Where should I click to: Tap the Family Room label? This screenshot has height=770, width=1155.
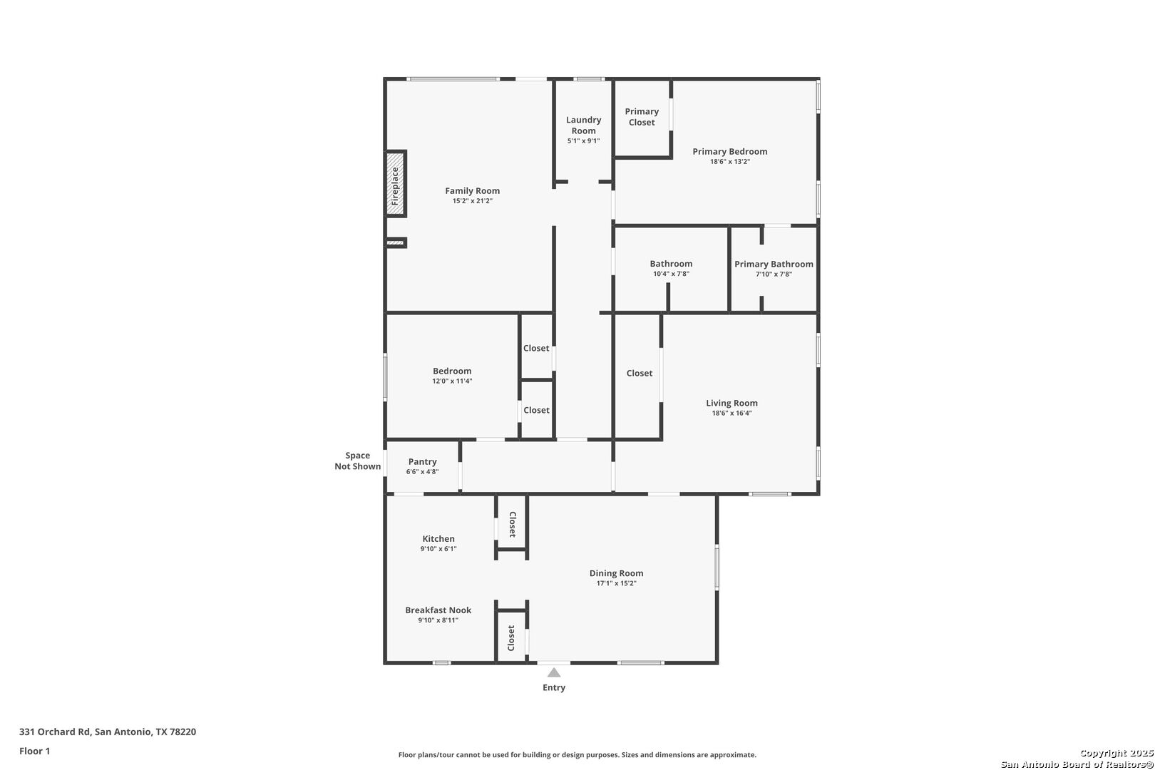point(472,190)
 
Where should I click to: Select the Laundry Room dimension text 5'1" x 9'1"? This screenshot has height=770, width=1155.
point(583,141)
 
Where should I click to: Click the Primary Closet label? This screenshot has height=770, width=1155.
point(642,117)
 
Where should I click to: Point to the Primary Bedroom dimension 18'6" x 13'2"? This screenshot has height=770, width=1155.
point(729,162)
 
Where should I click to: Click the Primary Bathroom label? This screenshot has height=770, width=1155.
point(774,264)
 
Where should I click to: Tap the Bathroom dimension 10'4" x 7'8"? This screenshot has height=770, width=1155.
point(671,274)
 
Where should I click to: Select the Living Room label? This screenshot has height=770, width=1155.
point(731,403)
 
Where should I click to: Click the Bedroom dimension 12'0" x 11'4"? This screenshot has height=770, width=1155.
point(452,381)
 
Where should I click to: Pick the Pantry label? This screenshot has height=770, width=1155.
point(422,461)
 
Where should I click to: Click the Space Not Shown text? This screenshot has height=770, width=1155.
point(357,461)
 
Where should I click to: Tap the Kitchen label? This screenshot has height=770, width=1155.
point(438,539)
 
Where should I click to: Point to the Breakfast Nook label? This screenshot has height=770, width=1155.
point(438,610)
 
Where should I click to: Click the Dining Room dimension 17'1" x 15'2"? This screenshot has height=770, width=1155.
point(616,583)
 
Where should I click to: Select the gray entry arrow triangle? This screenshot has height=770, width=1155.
point(554,672)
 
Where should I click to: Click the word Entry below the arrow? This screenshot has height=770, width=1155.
point(554,687)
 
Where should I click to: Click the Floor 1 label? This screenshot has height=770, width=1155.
point(34,751)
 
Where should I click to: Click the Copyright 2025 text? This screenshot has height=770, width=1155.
point(1116,753)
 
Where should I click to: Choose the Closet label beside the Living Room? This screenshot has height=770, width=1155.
point(639,373)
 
